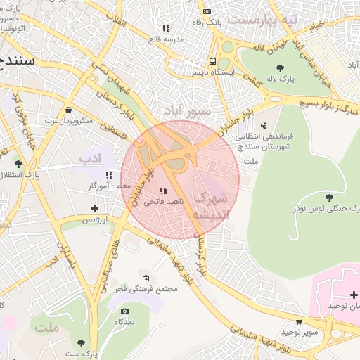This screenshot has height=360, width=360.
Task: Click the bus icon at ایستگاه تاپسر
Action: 212,61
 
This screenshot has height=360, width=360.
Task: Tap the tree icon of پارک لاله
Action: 281,68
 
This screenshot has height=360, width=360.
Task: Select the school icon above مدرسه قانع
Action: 166,29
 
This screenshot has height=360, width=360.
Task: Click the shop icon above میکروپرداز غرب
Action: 68,110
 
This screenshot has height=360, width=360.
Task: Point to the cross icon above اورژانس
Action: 95,208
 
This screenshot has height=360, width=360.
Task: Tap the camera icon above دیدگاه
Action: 125,311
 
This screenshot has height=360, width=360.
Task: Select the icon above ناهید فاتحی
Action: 163,191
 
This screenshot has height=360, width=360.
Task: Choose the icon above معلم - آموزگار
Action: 109,175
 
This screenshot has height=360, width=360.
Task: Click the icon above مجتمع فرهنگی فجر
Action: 146,278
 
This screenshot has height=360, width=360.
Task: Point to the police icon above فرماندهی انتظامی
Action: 264,125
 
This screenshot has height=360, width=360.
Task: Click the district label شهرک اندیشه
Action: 211,205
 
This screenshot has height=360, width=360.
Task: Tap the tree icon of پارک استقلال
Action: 18,163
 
